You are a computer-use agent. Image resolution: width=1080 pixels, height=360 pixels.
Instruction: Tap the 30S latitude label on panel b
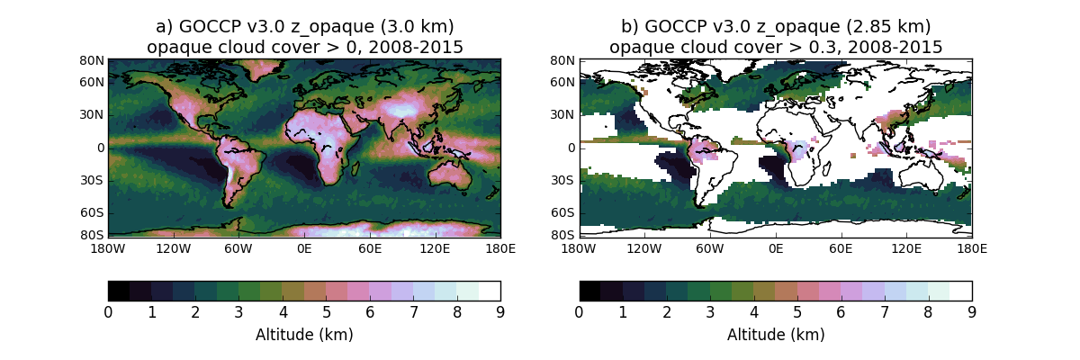[x=564, y=180]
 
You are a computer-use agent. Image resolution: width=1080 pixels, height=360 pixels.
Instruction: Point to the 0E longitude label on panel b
[x=775, y=247]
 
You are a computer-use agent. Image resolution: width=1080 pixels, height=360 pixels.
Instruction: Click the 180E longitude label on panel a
[x=500, y=247]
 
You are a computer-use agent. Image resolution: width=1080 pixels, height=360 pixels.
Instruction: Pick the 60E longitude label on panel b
[x=841, y=247]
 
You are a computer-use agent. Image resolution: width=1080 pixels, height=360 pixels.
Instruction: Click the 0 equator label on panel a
[x=101, y=148]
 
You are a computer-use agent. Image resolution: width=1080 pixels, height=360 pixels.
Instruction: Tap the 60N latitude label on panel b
[x=564, y=82]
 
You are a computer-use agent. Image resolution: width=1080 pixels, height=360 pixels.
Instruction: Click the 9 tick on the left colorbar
[x=500, y=312]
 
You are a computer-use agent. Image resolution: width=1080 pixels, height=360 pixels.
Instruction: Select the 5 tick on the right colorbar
[x=797, y=312]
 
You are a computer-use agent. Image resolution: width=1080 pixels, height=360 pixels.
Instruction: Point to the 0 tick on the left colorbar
[x=108, y=312]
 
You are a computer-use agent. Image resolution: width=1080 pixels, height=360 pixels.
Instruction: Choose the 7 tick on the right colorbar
[x=885, y=312]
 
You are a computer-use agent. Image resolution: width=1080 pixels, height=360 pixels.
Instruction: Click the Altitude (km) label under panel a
[x=304, y=335]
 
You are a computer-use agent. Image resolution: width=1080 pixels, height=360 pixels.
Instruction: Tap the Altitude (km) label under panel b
[x=776, y=335]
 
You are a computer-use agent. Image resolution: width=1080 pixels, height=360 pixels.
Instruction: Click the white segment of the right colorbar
[x=961, y=290]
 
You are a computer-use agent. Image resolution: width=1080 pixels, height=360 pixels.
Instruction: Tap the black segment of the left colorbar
[x=119, y=290]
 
